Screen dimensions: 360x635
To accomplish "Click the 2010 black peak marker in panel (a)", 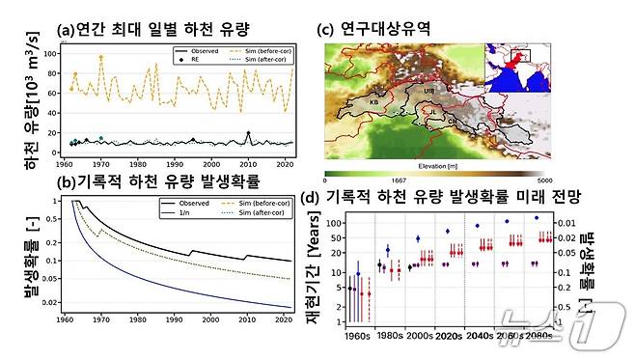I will pyautogui.click(x=248, y=133).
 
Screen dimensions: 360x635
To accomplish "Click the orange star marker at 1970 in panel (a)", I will pyautogui.click(x=101, y=57).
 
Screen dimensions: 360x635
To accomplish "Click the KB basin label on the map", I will pyautogui.click(x=374, y=101).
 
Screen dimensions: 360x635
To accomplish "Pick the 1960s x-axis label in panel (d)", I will pyautogui.click(x=357, y=339).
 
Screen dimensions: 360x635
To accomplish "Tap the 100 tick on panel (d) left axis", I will pyautogui.click(x=336, y=223).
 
